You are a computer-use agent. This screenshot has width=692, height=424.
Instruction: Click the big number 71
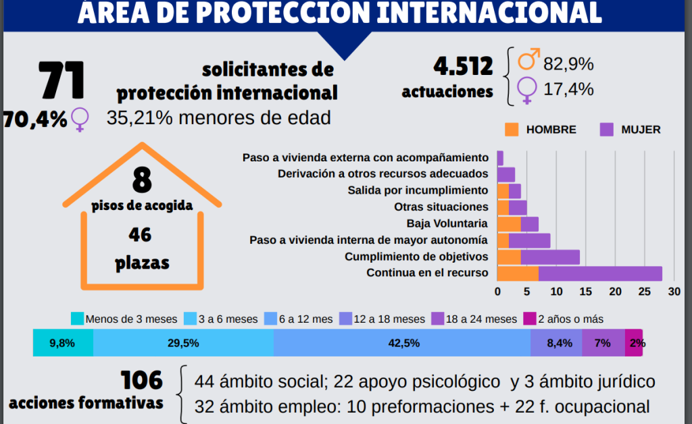pyautogui.click(x=61, y=80)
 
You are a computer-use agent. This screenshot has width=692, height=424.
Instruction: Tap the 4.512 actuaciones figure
pyautogui.click(x=463, y=67)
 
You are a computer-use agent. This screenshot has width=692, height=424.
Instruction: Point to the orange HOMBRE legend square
pyautogui.click(x=511, y=129)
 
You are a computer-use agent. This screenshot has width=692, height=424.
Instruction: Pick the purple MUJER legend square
pyautogui.click(x=605, y=129)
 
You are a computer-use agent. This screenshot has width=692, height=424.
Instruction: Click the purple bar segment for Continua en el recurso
pyautogui.click(x=600, y=273)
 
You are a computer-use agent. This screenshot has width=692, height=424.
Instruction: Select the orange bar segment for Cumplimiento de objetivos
pyautogui.click(x=509, y=257)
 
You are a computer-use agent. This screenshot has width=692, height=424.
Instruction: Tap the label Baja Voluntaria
pyautogui.click(x=447, y=223)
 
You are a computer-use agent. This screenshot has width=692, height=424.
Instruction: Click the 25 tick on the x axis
pyautogui.click(x=645, y=292)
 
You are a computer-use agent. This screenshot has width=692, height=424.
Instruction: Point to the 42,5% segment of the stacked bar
pyautogui.click(x=403, y=343)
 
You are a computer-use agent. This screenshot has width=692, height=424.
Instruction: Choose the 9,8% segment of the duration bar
pyautogui.click(x=62, y=343)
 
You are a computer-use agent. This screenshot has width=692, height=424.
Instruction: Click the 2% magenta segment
pyautogui.click(x=635, y=343)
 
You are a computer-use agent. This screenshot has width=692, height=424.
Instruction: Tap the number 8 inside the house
pyautogui.click(x=142, y=180)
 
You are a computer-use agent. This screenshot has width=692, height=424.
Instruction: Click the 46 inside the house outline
pyautogui.click(x=141, y=234)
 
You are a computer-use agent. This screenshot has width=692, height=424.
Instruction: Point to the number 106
pyautogui.click(x=142, y=381)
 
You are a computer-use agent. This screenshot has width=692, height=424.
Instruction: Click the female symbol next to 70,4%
pyautogui.click(x=80, y=119)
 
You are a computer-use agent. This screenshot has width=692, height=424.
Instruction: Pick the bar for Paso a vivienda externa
pyautogui.click(x=500, y=157)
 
